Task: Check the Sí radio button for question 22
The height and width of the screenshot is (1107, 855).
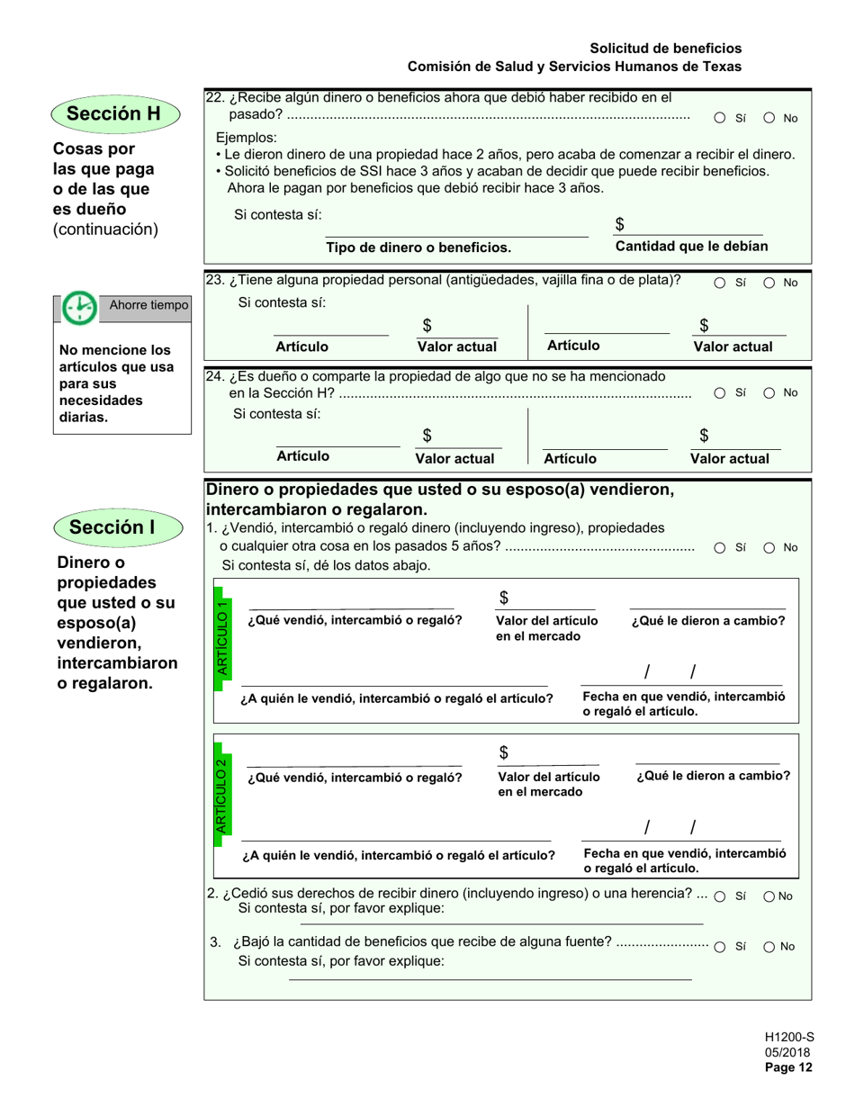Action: pyautogui.click(x=721, y=118)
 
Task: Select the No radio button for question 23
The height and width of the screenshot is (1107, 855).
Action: pyautogui.click(x=770, y=283)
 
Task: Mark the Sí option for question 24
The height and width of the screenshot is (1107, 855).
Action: pyautogui.click(x=721, y=392)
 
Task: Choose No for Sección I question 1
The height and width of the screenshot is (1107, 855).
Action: pyautogui.click(x=770, y=547)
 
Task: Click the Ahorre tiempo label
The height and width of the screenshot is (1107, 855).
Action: pyautogui.click(x=148, y=305)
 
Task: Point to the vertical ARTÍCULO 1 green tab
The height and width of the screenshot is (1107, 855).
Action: pyautogui.click(x=223, y=637)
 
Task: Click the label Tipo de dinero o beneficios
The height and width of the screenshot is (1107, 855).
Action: pyautogui.click(x=418, y=247)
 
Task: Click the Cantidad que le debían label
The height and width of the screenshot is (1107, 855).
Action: pyautogui.click(x=691, y=247)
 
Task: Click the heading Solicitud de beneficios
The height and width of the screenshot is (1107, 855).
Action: pyautogui.click(x=666, y=49)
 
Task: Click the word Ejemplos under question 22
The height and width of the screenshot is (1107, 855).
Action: pyautogui.click(x=247, y=138)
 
